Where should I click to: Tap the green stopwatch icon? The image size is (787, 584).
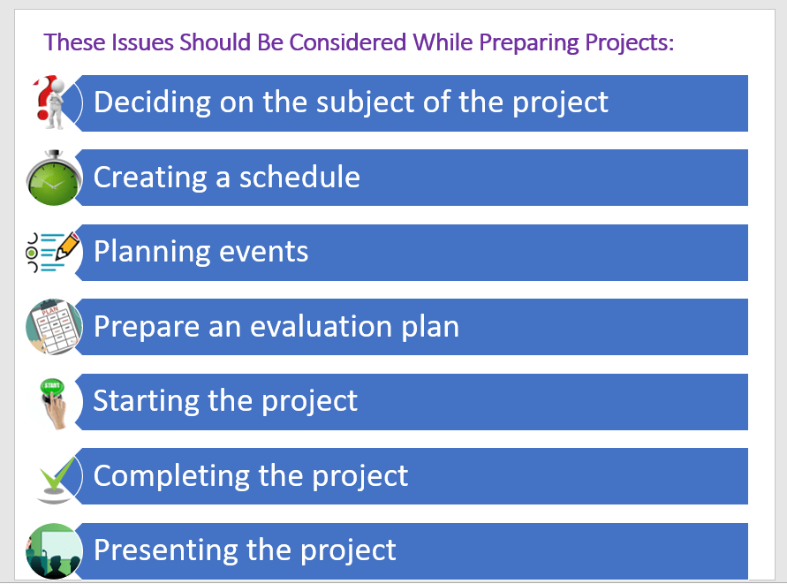coord(53,178)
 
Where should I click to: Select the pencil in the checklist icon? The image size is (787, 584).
coord(68,246)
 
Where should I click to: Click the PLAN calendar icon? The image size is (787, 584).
coord(54,327)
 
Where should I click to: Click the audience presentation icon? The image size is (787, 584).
coord(54,550)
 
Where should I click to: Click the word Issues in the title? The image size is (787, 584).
coord(142,42)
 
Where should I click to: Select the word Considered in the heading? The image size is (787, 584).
coord(347,42)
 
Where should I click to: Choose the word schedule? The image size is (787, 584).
coord(299,177)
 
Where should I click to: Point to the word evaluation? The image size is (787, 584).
coord(322,326)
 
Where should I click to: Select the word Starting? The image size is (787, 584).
coord(147,402)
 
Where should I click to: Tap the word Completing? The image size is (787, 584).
coord(171,476)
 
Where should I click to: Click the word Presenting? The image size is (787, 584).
coord(166,550)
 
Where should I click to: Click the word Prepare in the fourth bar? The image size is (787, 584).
coord(147,328)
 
